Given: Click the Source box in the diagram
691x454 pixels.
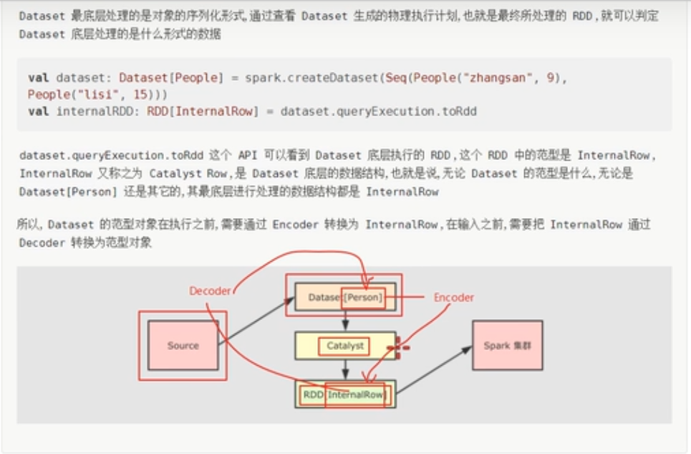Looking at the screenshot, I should coord(183,345).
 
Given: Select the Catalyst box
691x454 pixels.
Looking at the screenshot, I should coord(345,346).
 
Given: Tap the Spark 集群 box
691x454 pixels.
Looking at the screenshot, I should coord(507,345).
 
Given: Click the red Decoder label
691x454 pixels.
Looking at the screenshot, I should coord(210,290).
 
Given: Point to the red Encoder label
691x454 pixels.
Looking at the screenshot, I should coord(454,297).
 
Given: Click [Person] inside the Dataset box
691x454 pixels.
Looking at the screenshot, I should coord(364,297).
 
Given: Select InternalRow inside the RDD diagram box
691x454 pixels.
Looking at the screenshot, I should coord(356,394).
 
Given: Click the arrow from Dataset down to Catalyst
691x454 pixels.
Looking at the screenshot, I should coord(345,321).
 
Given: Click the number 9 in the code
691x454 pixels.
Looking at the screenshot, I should coord(550,77).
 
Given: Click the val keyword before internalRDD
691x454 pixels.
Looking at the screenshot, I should coord(38,111).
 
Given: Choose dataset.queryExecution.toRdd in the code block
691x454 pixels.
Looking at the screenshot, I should coord(379,111).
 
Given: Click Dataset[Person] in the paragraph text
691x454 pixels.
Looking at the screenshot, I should coord(68,191).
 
